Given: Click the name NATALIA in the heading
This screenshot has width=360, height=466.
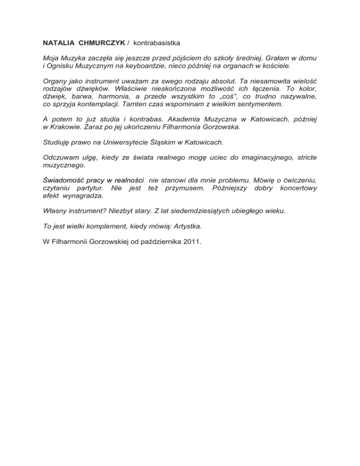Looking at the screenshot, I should click(x=58, y=43).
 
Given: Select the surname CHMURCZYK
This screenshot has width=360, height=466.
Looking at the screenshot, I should click(x=101, y=43).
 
